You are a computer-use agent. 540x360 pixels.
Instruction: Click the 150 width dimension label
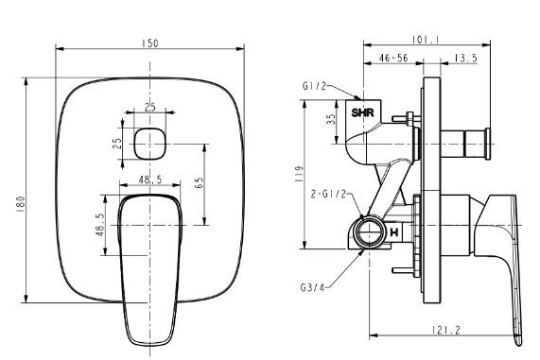tap(149, 43)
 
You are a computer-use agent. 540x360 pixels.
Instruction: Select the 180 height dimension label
tap(21, 204)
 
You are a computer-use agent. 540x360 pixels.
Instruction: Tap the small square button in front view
tap(149, 144)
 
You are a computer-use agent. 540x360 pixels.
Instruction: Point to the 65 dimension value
tap(199, 182)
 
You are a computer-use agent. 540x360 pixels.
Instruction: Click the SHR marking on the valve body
tap(362, 112)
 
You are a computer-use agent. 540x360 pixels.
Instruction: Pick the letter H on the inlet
tap(394, 232)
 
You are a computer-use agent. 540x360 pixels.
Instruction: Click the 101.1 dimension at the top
tap(427, 40)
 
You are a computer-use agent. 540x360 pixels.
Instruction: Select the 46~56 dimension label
tap(393, 58)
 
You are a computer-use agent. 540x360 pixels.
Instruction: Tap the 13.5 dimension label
tap(465, 58)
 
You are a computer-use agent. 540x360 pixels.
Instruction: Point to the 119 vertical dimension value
tap(299, 174)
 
